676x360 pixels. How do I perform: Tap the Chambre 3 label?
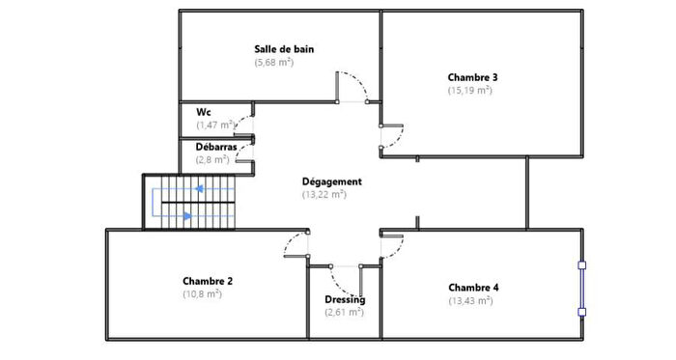[x=472, y=76]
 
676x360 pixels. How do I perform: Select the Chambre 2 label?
[x=208, y=281]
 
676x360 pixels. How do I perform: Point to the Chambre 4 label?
[x=473, y=287]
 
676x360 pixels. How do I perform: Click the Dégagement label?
[x=331, y=180]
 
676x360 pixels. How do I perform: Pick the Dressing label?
[x=345, y=299]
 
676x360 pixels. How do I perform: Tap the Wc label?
[x=203, y=112]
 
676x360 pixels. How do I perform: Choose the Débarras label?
[x=216, y=147]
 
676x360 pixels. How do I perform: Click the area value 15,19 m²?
[x=470, y=90]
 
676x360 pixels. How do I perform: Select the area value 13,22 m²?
[x=324, y=194]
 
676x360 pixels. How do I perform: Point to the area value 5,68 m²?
[x=274, y=62]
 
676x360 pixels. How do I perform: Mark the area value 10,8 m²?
[x=202, y=294]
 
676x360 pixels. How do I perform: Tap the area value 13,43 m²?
[x=470, y=300]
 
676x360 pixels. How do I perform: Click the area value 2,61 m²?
[x=344, y=312]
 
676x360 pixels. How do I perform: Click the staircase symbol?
[x=190, y=202]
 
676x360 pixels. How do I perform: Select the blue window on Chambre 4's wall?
[x=581, y=287]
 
